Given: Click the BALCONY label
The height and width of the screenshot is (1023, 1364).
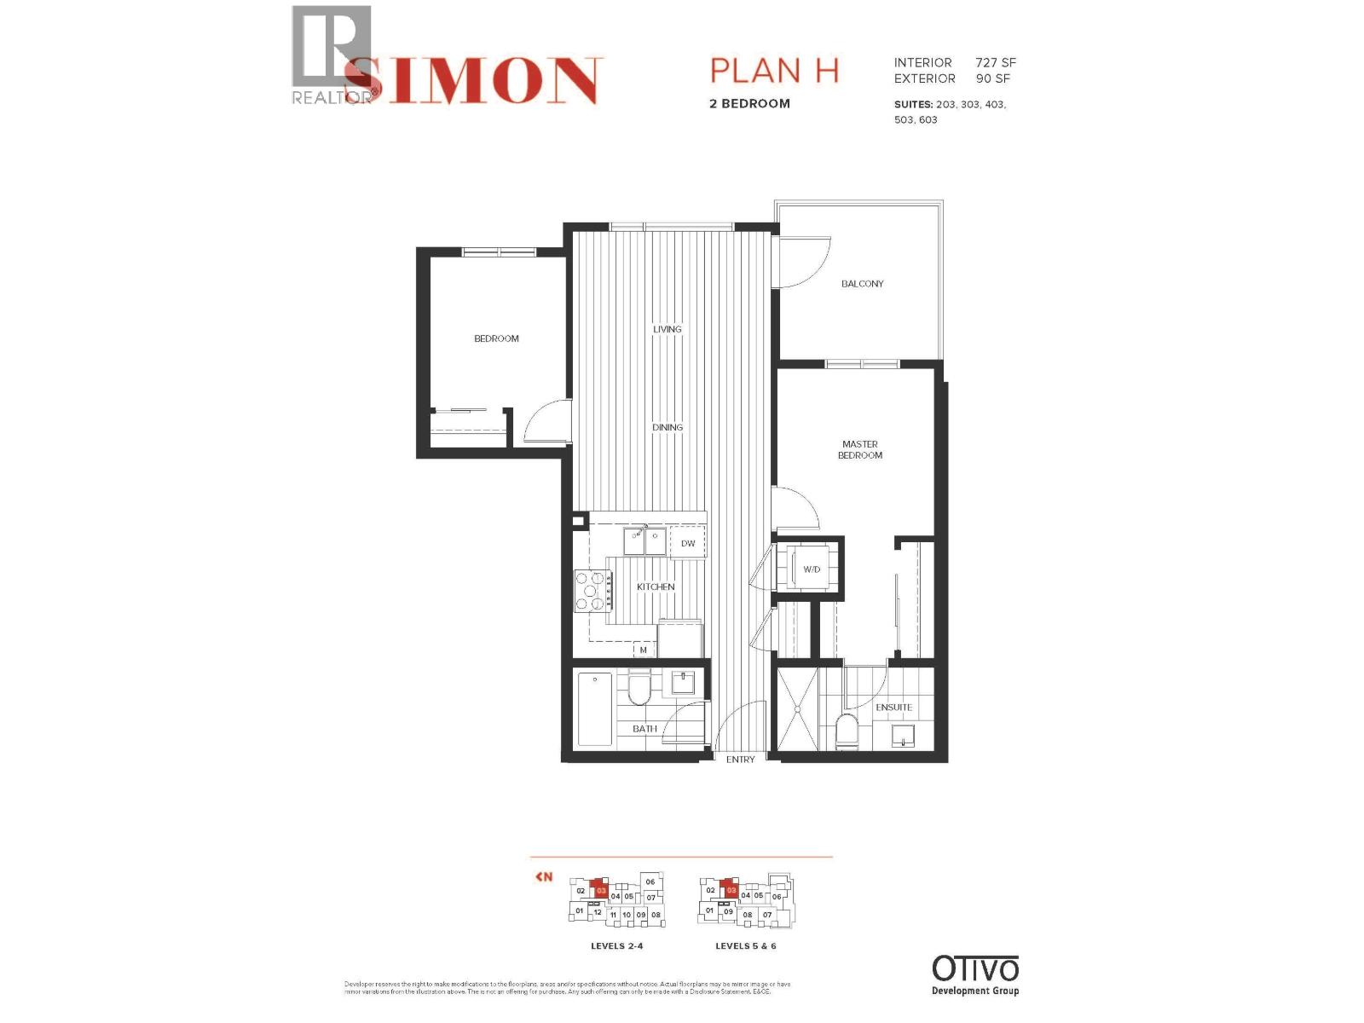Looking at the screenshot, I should [862, 284].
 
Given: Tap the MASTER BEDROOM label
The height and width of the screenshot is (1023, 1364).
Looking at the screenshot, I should [859, 450].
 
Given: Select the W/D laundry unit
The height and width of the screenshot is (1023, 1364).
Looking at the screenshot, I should [812, 569].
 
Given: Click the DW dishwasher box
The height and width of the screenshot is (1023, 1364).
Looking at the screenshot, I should [688, 543].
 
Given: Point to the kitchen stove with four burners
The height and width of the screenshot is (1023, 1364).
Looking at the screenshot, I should [591, 591].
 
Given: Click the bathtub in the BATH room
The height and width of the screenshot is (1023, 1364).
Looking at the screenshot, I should [594, 709].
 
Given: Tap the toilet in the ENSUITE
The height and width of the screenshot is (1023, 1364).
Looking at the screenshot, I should [847, 731].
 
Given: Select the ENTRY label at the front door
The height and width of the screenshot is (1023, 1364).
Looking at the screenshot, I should [740, 760].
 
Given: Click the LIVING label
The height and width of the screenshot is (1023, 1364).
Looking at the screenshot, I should [668, 329].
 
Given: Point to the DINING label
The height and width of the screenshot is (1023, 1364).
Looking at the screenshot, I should [668, 428].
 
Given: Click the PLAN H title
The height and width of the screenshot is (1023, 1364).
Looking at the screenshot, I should [774, 71].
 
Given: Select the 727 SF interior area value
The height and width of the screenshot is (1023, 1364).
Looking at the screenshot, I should [995, 63].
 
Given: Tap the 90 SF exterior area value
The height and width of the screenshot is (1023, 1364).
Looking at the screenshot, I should [992, 78].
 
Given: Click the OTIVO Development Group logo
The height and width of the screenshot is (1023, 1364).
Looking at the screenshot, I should [974, 974].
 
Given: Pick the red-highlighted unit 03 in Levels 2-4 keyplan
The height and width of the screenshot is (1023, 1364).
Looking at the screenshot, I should [601, 890].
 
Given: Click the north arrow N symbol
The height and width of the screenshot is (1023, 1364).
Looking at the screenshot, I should [544, 876].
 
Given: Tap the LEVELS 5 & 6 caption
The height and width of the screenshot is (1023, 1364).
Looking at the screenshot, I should [745, 946].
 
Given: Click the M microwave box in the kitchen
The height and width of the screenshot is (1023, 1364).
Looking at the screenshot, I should [644, 650].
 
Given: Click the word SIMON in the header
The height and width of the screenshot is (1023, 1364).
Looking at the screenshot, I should [473, 81].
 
